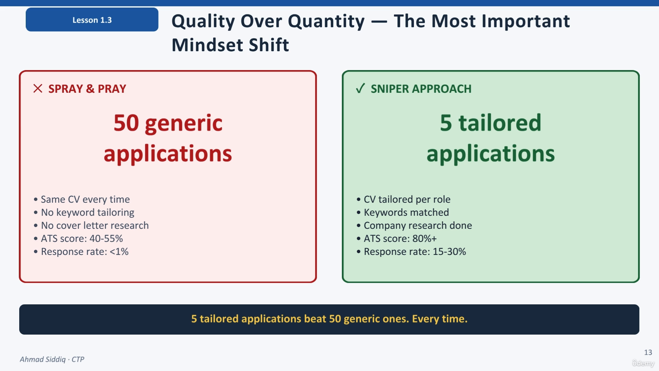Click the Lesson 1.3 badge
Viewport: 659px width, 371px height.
coord(92,20)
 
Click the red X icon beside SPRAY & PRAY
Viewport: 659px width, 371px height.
coord(38,89)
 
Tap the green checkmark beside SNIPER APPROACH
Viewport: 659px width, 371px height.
coord(360,89)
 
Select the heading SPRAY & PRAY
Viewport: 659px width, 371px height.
coord(87,89)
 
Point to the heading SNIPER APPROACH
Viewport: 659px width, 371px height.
coord(421,89)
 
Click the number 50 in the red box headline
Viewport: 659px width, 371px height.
coord(126,123)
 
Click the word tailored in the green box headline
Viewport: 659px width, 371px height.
coord(500,123)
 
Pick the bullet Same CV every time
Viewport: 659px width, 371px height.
coord(85,199)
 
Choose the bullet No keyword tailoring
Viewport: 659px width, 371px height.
coord(88,212)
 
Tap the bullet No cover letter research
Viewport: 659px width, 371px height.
coord(95,225)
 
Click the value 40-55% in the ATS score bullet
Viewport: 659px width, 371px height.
coord(106,238)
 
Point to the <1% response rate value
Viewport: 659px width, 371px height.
coord(119,251)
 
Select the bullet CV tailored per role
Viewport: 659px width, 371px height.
coord(407,199)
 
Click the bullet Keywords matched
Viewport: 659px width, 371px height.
coord(406,212)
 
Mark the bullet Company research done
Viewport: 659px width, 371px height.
coord(418,225)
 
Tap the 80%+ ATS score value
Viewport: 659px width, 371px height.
coord(425,238)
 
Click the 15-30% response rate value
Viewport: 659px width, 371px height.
coord(449,251)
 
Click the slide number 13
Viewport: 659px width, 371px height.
coord(648,352)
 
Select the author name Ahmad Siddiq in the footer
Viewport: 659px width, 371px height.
coord(43,359)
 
